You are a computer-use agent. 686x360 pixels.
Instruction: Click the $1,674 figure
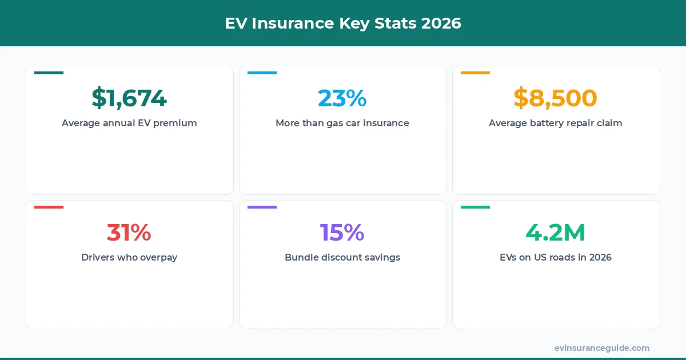tap(129, 98)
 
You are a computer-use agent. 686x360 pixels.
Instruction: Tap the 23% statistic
tap(342, 98)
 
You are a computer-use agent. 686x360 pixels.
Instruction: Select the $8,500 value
tap(555, 98)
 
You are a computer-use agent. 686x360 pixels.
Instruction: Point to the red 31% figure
tap(129, 232)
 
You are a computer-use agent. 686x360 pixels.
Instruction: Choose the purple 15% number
tap(342, 232)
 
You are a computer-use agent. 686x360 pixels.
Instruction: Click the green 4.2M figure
tap(555, 232)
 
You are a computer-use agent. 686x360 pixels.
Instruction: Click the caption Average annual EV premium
tap(129, 123)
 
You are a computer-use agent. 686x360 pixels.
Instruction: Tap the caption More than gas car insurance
tap(342, 123)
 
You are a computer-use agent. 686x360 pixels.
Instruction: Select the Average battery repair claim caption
tap(555, 123)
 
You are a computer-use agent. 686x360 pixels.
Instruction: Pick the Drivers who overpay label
tap(129, 257)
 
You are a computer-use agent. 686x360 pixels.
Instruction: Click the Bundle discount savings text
tap(342, 257)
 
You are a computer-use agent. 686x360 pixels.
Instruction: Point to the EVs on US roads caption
tap(555, 257)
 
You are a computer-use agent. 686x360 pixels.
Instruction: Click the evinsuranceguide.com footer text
tap(602, 348)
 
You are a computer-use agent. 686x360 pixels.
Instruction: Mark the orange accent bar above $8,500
tap(475, 73)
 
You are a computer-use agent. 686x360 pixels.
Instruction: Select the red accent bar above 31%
tap(49, 207)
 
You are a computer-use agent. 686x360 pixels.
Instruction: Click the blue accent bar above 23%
tap(262, 73)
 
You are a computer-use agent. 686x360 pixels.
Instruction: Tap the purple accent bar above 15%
tap(262, 207)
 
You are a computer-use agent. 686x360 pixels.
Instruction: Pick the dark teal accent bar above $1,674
tap(49, 73)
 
